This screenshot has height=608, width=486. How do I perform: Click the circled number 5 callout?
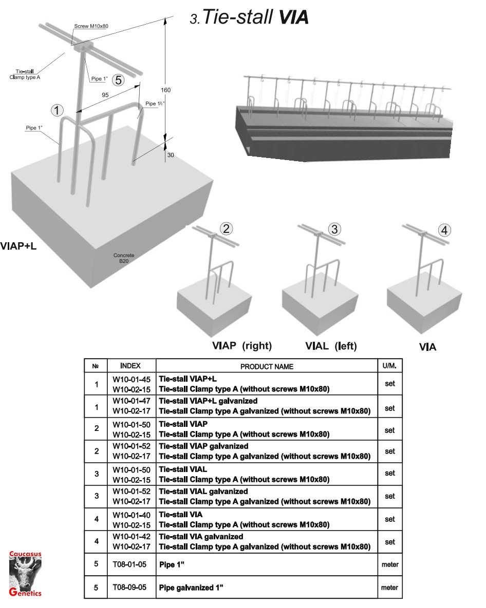(x=118, y=80)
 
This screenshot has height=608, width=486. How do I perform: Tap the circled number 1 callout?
(x=57, y=110)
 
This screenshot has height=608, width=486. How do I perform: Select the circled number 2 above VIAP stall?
(x=227, y=228)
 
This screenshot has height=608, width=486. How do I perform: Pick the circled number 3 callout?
(x=334, y=229)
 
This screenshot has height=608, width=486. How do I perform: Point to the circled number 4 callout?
(x=444, y=230)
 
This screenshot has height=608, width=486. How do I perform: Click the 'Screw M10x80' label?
(x=91, y=26)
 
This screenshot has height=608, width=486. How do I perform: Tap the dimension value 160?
(x=166, y=90)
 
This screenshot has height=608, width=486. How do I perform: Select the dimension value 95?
(x=105, y=95)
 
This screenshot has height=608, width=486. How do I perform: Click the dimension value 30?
(x=171, y=155)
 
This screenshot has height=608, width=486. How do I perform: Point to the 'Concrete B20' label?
(x=124, y=258)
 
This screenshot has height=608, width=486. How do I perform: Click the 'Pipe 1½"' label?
(x=155, y=104)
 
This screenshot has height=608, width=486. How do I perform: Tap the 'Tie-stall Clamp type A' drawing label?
(x=25, y=74)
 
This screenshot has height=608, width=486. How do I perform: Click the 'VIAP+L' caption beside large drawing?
(x=18, y=246)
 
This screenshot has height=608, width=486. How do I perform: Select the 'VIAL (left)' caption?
(x=331, y=346)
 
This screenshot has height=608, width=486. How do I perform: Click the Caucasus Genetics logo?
(x=25, y=574)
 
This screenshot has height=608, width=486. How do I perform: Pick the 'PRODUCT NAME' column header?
(x=267, y=366)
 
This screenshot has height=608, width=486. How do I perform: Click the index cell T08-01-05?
(x=129, y=564)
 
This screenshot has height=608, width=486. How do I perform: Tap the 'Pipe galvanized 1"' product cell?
(x=191, y=587)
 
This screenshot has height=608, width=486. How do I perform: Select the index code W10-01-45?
(x=132, y=379)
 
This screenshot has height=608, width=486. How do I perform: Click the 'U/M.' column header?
(x=389, y=366)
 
